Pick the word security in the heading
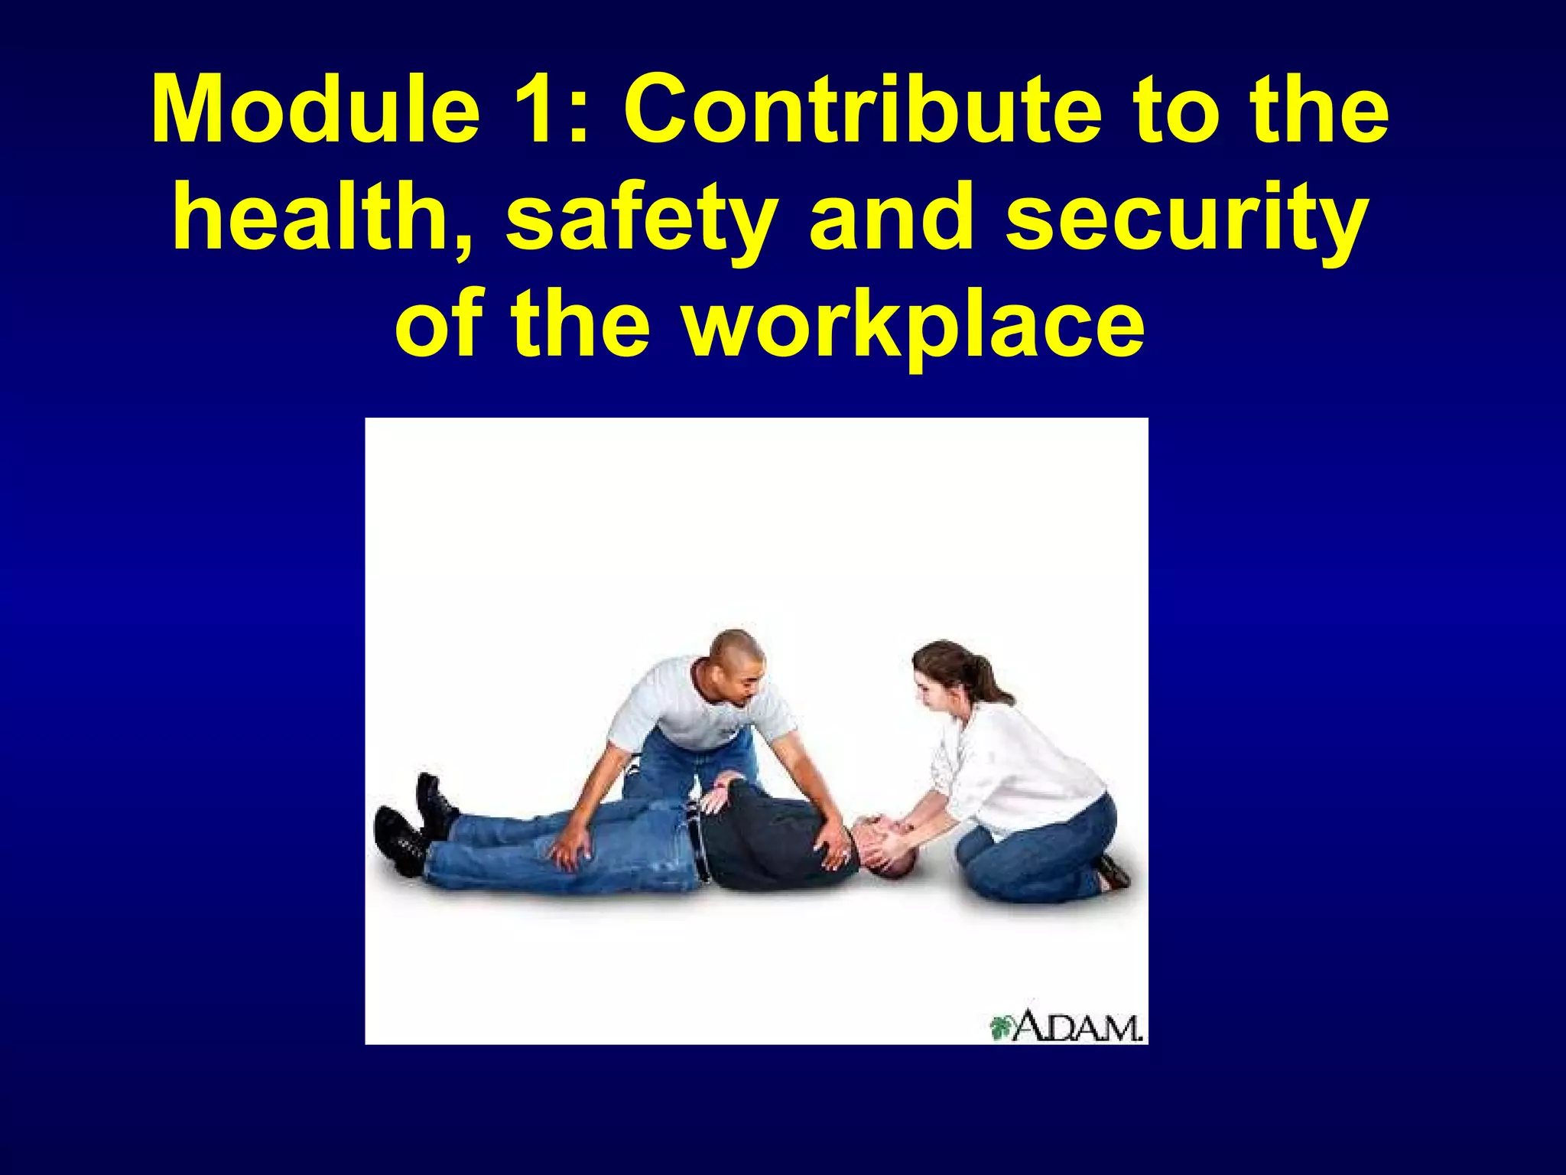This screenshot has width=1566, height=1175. tap(1186, 222)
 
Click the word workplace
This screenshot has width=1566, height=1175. tap(914, 329)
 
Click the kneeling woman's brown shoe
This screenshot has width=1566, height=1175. tap(1113, 872)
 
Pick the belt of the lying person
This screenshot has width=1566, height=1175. tap(697, 841)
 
